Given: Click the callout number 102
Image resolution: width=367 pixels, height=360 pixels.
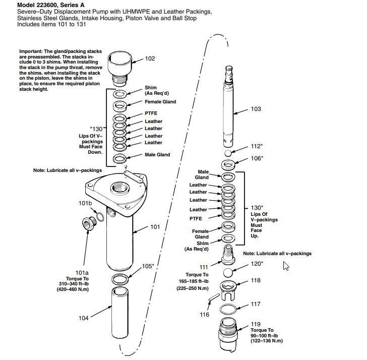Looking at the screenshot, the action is (x=150, y=58).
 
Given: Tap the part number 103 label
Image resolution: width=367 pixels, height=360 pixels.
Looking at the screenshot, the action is (x=256, y=109).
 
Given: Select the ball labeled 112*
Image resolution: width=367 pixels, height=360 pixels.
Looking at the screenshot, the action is (x=228, y=153).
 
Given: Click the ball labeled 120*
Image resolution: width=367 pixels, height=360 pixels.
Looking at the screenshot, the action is (x=228, y=273).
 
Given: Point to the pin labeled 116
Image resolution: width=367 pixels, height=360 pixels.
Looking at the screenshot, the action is (x=213, y=297).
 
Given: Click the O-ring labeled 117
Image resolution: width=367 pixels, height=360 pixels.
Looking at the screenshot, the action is (x=228, y=309).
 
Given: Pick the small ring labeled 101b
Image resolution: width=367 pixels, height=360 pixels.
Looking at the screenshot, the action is (x=100, y=217).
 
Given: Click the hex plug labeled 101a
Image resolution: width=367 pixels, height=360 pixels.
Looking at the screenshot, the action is (x=89, y=224).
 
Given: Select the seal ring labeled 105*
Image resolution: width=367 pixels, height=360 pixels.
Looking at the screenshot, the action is (x=120, y=279).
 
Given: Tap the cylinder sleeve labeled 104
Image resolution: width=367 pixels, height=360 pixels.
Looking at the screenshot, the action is (x=119, y=313).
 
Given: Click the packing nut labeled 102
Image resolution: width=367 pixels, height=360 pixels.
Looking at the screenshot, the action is (x=120, y=69).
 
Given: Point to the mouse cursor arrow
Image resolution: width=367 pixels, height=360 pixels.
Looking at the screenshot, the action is (x=286, y=266).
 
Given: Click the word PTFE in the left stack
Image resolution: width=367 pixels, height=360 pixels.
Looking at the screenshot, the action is (x=151, y=113).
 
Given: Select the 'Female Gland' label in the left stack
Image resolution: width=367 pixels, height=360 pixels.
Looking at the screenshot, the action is (x=160, y=102).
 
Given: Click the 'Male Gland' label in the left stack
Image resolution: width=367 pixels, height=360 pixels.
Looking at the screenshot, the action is (x=157, y=155).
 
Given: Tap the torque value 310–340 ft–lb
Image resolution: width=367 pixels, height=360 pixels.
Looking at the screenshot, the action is (x=74, y=284).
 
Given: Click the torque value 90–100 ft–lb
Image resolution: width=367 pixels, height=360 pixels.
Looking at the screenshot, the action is (x=264, y=336).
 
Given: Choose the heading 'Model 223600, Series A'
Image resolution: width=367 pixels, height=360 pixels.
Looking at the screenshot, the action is (x=51, y=5).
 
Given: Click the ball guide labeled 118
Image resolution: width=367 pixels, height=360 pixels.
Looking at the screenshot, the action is (x=228, y=291).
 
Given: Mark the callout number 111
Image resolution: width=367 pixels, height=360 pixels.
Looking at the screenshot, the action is (x=204, y=267).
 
